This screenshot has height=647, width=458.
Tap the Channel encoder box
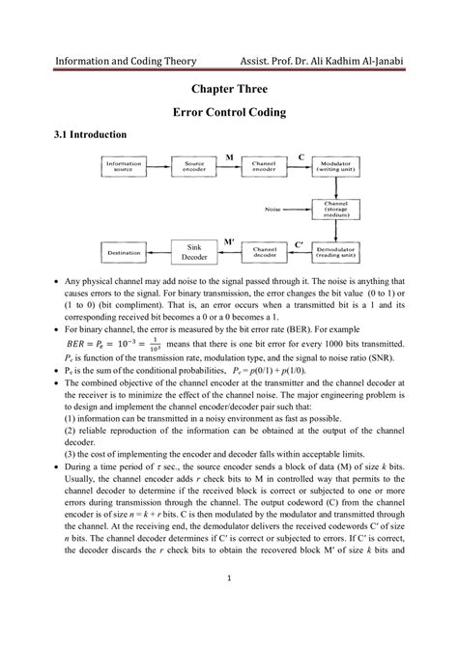(x=264, y=167)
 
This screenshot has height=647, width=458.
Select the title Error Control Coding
(x=228, y=112)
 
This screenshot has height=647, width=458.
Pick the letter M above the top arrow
(x=229, y=155)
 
